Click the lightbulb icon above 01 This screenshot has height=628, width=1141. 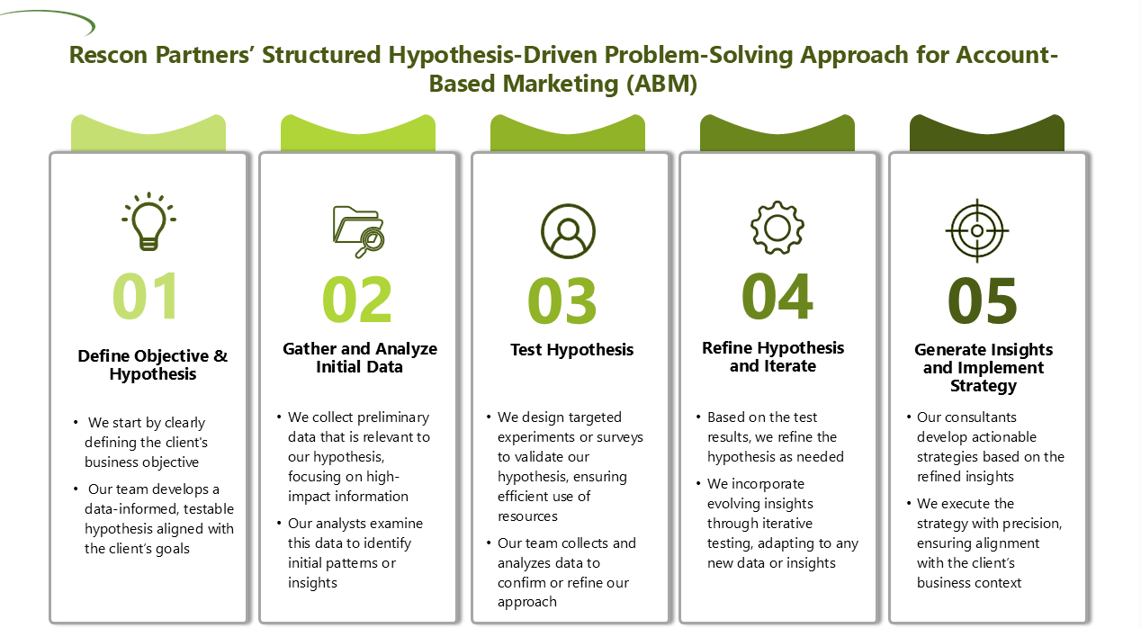pos(148,222)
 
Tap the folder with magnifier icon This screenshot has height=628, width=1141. pos(358,232)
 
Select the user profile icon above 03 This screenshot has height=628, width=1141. pos(568,231)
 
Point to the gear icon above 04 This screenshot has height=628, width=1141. pos(777,227)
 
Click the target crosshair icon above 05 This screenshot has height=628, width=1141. pos(977,230)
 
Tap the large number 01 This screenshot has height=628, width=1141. pos(146,295)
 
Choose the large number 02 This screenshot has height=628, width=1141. pos(357,300)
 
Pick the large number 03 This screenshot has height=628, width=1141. pos(562,301)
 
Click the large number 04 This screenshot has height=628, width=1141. pos(777,296)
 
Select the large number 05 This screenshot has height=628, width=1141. pos(983,301)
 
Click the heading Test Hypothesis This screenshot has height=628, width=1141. pos(571,350)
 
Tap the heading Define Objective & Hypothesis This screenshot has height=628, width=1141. pos(152,364)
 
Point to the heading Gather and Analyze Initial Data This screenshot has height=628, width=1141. pos(360,357)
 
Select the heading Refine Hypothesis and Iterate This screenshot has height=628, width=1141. pos(773,356)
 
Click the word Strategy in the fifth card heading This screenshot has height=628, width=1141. pos(984,386)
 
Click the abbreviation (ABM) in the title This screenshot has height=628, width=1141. pos(661,84)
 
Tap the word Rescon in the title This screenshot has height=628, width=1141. pos(108,55)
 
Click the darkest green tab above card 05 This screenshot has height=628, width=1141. pos(986,133)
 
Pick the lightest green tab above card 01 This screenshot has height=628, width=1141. pos(148,133)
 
